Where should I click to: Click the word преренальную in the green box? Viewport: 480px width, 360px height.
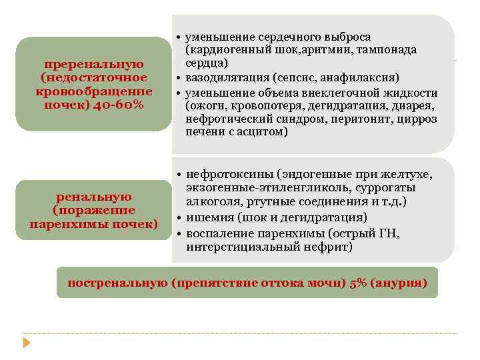(94, 65)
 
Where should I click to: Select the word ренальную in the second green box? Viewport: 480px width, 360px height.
(94, 197)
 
